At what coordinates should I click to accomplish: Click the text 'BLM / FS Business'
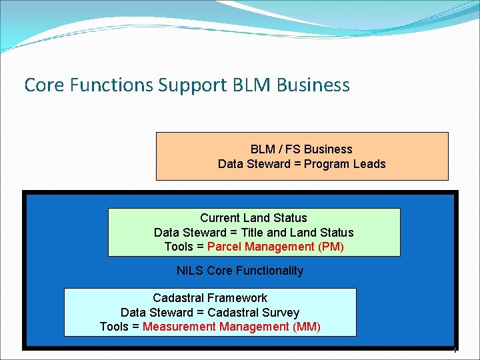pyautogui.click(x=301, y=149)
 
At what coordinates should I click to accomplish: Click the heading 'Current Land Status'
pyautogui.click(x=253, y=218)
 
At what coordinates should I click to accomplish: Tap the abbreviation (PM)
pyautogui.click(x=331, y=247)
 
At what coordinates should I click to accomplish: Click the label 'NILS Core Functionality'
pyautogui.click(x=240, y=271)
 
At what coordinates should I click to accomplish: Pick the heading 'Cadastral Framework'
pyautogui.click(x=210, y=298)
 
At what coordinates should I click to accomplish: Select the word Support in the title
pyautogui.click(x=193, y=85)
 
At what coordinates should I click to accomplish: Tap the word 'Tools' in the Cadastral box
pyautogui.click(x=115, y=327)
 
